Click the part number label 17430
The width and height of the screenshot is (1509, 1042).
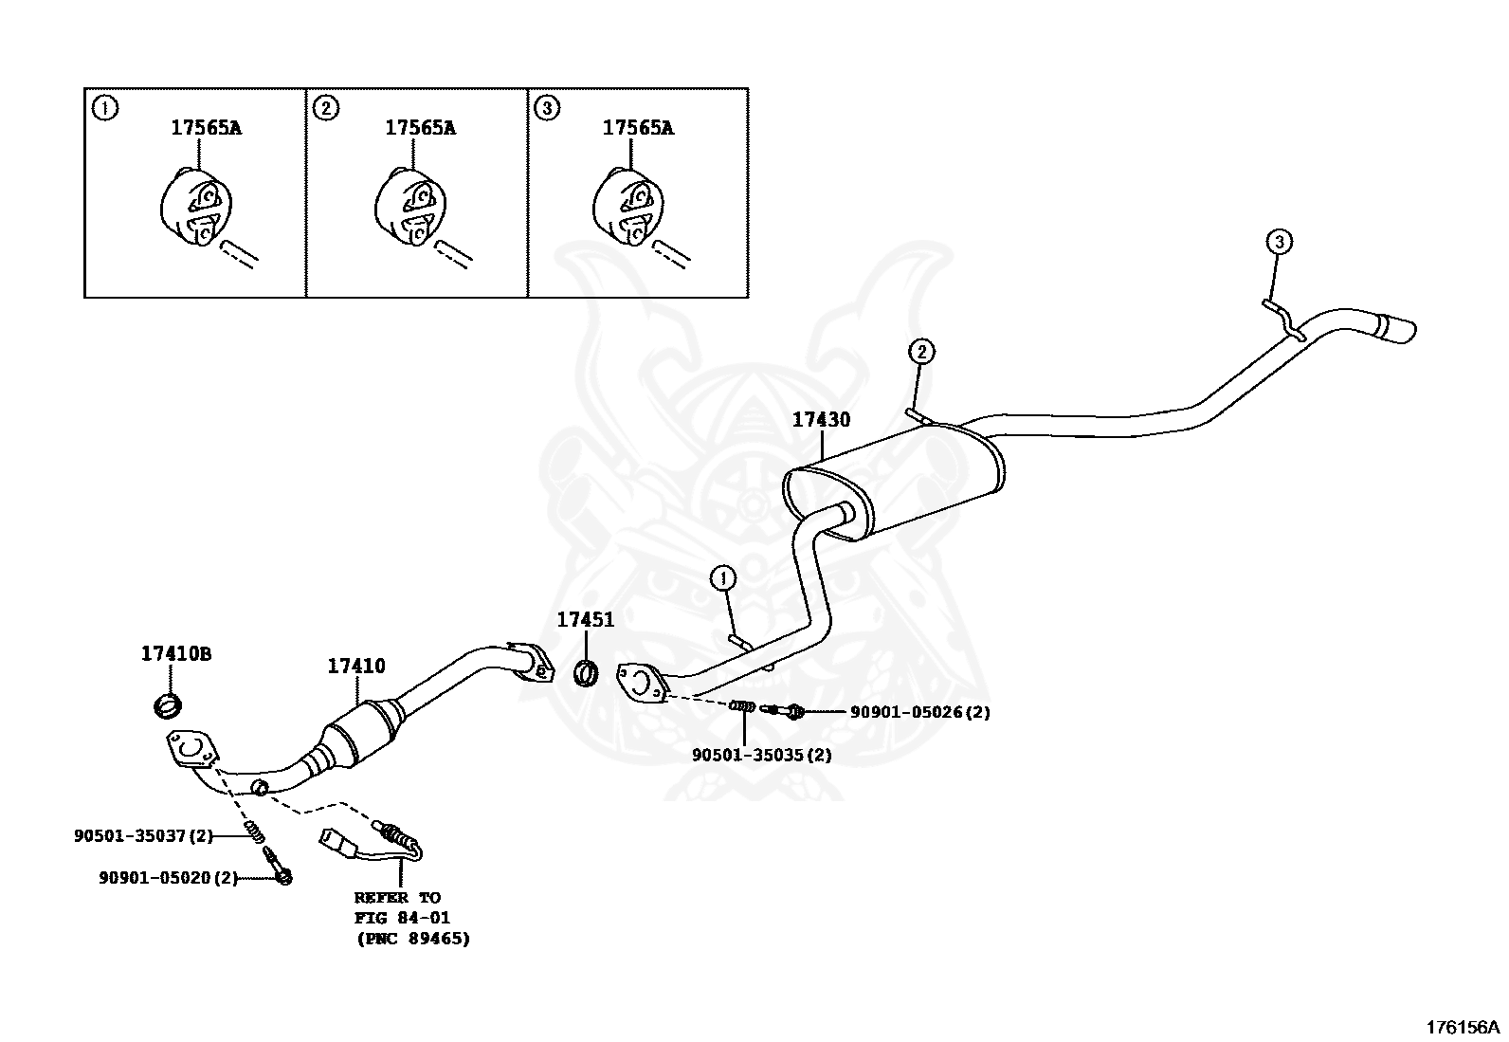point(821,419)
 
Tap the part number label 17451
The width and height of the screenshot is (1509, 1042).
point(585,620)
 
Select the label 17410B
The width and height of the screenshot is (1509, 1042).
point(176,653)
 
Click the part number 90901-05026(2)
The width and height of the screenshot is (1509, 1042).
point(919,712)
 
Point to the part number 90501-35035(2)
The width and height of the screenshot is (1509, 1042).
point(761,755)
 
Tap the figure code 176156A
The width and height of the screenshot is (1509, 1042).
point(1464,1028)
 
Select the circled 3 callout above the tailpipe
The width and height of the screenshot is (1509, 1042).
point(1279,243)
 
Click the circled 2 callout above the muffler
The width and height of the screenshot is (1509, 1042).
point(921,352)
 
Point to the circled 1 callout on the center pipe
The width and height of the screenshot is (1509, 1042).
point(723,576)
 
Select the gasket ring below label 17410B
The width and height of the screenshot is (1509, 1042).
point(169,705)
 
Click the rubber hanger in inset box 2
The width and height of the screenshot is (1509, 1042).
point(410,206)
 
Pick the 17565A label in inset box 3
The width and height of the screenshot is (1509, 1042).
point(638,127)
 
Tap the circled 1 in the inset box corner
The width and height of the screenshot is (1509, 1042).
point(105,108)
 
